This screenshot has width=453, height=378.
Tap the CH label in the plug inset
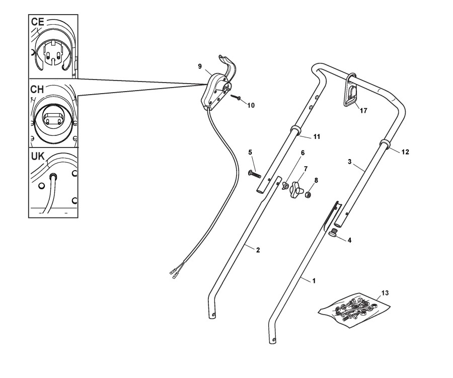click(x=37, y=89)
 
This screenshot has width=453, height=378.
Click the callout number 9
click(x=200, y=66)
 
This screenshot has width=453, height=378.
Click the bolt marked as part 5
click(x=253, y=174)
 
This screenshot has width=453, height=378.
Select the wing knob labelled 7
click(x=297, y=190)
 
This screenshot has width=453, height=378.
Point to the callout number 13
click(x=385, y=292)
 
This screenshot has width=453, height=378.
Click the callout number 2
click(x=258, y=250)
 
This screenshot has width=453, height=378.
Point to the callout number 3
click(x=349, y=163)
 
